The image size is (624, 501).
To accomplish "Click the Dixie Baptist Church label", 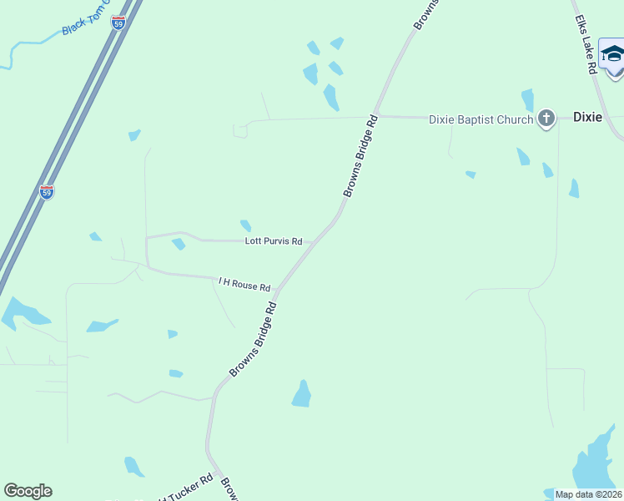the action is click(481, 119).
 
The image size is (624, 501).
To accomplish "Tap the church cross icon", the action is click(546, 118).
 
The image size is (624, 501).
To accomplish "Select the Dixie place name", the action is click(587, 117).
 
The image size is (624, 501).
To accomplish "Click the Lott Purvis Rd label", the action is click(273, 240).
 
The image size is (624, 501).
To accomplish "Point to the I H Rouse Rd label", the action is click(244, 285).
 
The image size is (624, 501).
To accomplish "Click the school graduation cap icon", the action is click(612, 54).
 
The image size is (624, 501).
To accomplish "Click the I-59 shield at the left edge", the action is click(47, 192).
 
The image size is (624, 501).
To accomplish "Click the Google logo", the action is click(28, 491).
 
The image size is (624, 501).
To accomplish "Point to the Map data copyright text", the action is click(589, 494).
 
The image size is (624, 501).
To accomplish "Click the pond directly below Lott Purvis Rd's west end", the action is click(178, 244).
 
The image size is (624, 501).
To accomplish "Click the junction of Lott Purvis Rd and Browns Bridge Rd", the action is click(315, 242).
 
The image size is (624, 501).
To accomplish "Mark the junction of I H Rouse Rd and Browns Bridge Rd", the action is click(275, 291).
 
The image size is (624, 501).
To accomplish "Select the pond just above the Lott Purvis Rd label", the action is click(245, 225).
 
